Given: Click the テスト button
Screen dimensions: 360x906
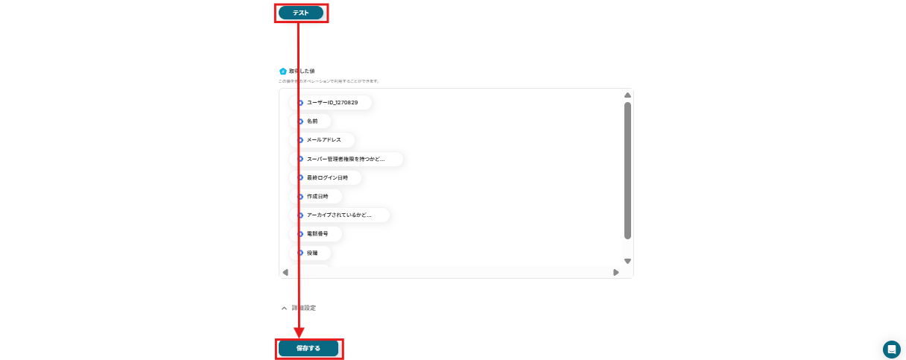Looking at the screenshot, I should pos(301,13).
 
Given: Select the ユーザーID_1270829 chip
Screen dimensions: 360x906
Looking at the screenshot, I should pos(332,102).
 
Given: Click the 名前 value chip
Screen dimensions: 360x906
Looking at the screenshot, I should pos(311,121).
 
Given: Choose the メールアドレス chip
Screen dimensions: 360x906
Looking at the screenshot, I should pos(323,139).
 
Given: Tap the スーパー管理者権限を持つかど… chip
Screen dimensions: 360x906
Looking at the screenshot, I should pos(346,159).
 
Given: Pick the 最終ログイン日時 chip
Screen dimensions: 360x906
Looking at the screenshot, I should pos(326,177).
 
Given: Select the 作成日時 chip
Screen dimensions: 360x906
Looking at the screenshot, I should pos(317,196).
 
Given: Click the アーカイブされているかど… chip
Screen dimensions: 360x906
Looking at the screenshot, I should pos(339,215).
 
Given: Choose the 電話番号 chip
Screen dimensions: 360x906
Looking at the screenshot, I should pos(317,234).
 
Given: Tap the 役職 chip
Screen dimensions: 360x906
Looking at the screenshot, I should pos(311,253).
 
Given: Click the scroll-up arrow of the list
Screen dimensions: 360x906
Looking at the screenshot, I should pos(627,95).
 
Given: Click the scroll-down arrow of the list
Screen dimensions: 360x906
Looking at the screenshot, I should pos(627,261).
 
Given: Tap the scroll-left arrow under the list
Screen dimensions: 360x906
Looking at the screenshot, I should pos(285,272).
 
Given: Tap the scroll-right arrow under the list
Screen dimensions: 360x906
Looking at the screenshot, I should pos(616,272).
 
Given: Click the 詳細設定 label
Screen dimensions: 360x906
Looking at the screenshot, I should pos(304,308).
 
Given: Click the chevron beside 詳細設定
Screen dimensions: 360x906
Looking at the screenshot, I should pos(284,308).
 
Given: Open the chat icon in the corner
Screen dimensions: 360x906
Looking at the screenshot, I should pos(891,350).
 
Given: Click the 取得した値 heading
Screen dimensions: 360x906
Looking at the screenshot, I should pos(302,71).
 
